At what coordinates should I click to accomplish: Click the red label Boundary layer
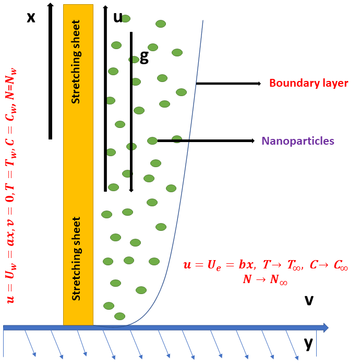coord(308,83)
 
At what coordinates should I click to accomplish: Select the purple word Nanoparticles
coord(298,141)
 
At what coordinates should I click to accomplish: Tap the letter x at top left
coord(31,17)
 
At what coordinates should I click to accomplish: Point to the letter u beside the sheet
coord(118,17)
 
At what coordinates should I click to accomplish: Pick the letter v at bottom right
coord(309,300)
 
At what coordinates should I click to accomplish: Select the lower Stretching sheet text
coord(77,258)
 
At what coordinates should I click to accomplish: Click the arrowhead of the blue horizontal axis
coord(326,327)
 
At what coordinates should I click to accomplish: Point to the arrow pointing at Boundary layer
coord(228,84)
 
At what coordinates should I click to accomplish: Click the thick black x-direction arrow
coord(50,71)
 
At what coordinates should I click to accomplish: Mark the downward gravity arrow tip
coord(131,190)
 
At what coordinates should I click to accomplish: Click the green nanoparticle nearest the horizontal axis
coord(119,316)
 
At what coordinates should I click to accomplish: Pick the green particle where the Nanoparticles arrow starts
coord(152,140)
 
